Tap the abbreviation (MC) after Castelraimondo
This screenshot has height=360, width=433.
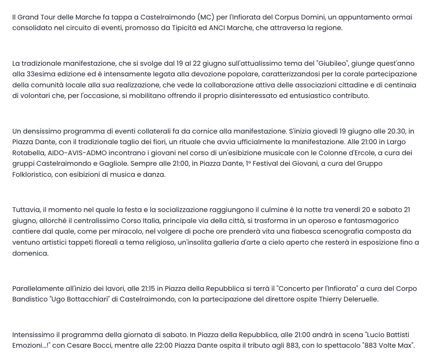point(205,17)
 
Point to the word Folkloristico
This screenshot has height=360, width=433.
point(32,175)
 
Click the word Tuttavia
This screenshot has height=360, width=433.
point(26,210)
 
